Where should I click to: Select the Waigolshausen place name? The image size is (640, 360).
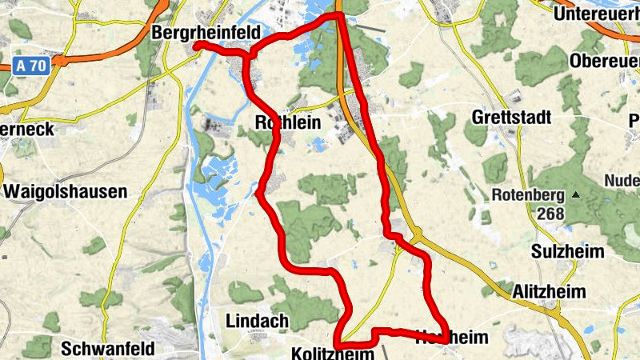point(65,192)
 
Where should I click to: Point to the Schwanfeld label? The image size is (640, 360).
point(107,349)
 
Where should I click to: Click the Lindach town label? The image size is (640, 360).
point(258,321)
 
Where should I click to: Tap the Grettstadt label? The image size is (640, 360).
point(512,118)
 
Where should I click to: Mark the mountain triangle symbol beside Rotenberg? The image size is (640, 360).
point(575,194)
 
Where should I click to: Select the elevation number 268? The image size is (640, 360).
point(551,214)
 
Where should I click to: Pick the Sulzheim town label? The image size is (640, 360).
point(567,251)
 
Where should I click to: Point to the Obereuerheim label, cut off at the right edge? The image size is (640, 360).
point(605,61)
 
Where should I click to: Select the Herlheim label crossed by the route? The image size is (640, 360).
point(451,338)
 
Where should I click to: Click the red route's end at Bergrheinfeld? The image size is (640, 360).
point(195,45)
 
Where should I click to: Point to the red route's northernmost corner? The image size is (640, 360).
point(339,14)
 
